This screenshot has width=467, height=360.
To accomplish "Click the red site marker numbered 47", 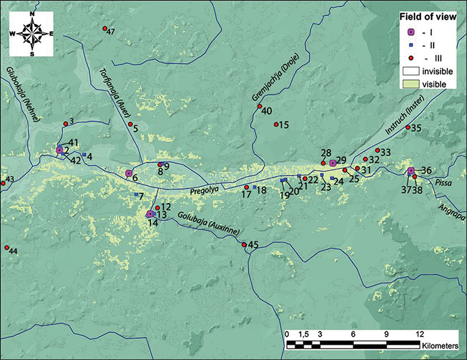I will [x=105, y=29].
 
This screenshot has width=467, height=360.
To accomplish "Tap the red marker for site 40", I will [x=260, y=107].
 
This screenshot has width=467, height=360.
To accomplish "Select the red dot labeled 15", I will [x=276, y=125].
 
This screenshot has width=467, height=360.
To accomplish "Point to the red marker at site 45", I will [x=244, y=244].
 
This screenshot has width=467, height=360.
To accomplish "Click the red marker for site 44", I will [x=7, y=247].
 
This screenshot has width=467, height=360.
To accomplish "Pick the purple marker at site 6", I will [x=129, y=173].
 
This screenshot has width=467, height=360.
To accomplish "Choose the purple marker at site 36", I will [x=411, y=171].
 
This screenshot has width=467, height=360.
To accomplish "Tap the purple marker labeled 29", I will [x=333, y=163].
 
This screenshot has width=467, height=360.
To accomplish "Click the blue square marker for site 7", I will [x=137, y=195].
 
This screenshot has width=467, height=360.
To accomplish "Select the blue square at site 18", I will [x=254, y=188].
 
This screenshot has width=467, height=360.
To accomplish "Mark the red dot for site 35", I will [x=408, y=128].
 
